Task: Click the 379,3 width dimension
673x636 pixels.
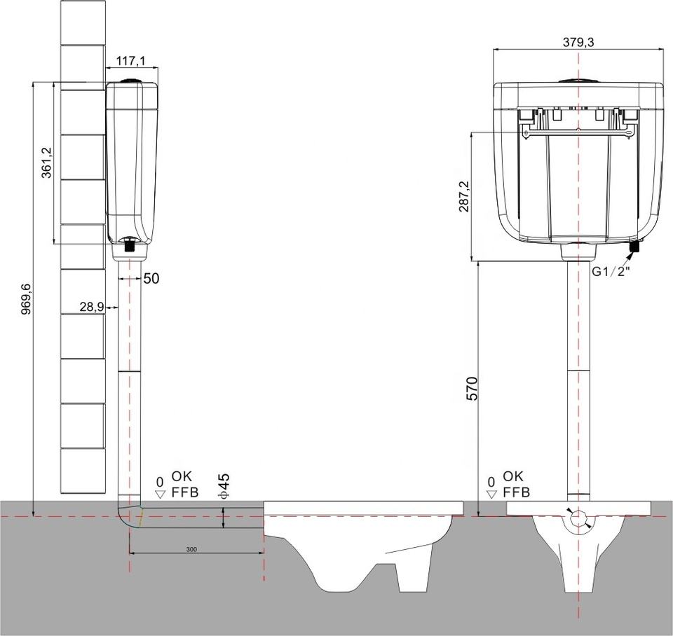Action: (x=578, y=43)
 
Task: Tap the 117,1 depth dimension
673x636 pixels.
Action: (x=131, y=61)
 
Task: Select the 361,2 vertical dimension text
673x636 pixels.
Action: (x=46, y=162)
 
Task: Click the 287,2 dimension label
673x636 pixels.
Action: (x=464, y=196)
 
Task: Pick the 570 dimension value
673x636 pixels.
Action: (x=472, y=388)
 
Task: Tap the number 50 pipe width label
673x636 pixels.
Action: (x=151, y=279)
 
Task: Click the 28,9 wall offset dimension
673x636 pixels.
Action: (x=91, y=307)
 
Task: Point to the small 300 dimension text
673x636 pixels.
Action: (x=192, y=549)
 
